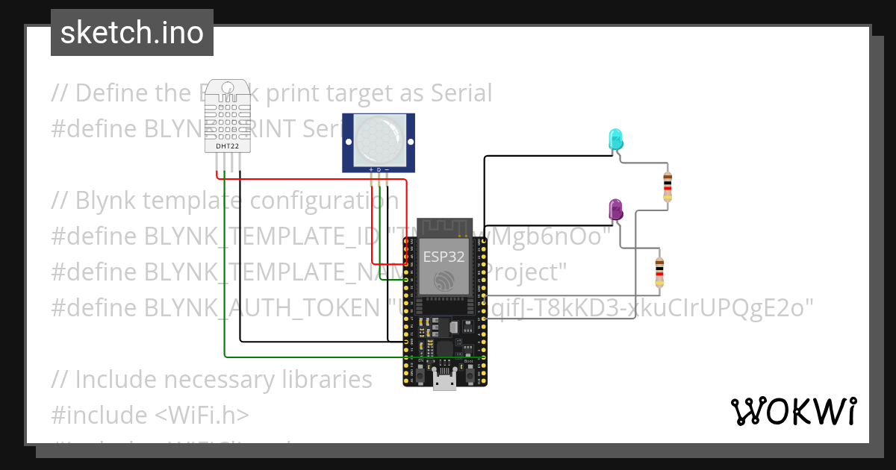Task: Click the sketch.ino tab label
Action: (131, 33)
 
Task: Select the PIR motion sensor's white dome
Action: (379, 140)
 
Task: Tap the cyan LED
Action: (615, 138)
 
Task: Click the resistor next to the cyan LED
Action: (667, 186)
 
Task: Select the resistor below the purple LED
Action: (659, 272)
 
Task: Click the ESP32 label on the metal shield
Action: (444, 257)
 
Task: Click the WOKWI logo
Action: (792, 411)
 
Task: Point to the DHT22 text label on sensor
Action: (228, 146)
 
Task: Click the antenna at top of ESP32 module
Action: (445, 226)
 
